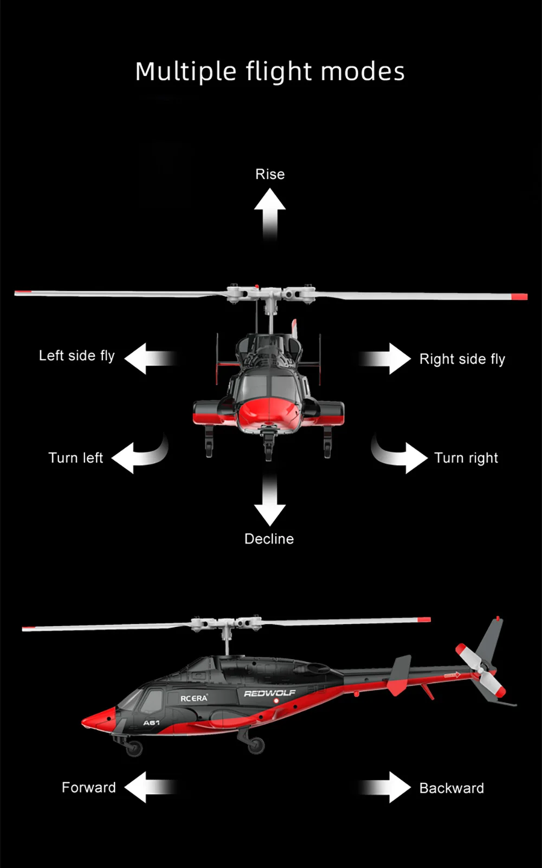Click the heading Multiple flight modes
270,72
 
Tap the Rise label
270,174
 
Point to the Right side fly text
462,359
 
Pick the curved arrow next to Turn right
400,455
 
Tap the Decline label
269,539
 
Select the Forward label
88,787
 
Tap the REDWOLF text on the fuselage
269,693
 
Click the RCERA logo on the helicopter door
193,698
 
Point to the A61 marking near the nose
151,723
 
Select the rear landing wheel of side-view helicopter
256,745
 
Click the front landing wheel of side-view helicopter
133,749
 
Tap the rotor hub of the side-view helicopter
227,624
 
